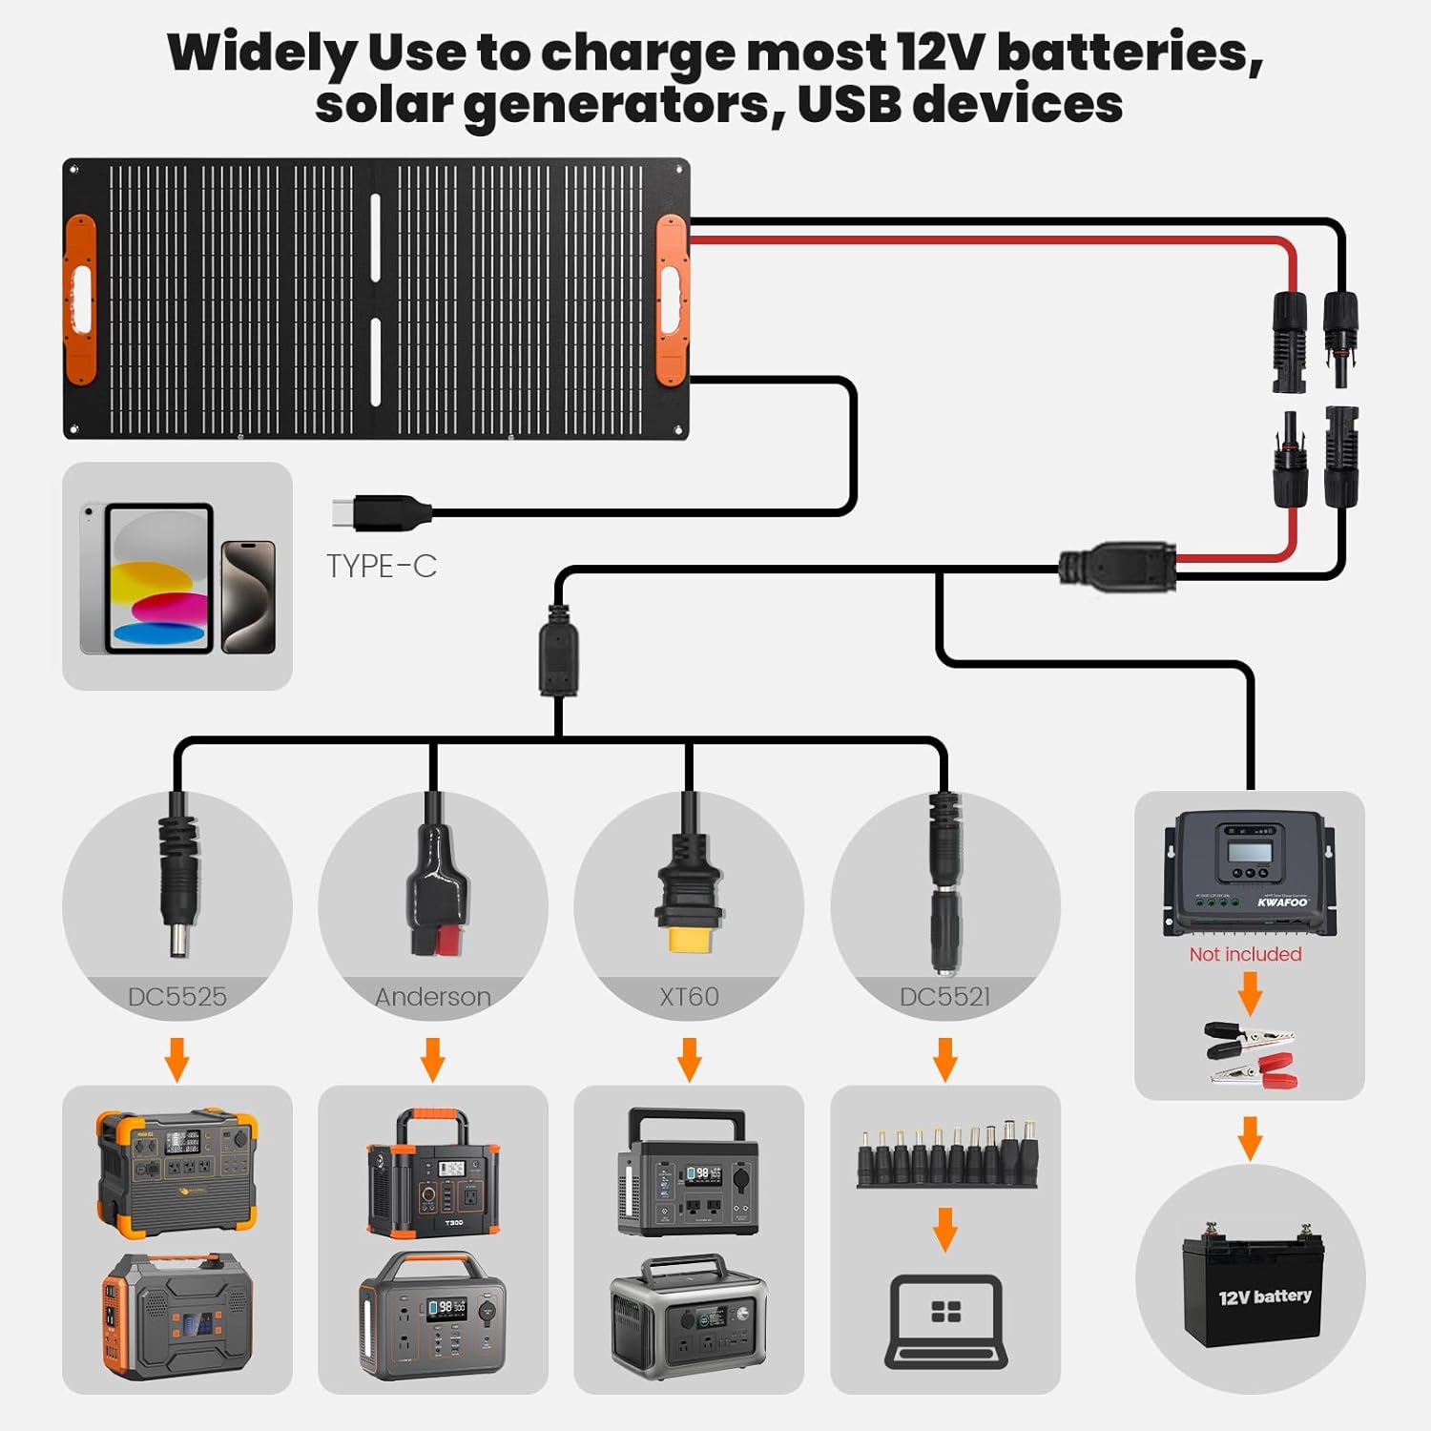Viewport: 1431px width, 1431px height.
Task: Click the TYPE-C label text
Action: [x=382, y=566]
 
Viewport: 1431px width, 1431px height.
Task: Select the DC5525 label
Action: [x=177, y=997]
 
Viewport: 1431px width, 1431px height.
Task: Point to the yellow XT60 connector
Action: [x=688, y=940]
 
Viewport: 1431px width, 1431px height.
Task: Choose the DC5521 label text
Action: [x=944, y=997]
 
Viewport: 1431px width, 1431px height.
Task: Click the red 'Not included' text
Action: [x=1245, y=954]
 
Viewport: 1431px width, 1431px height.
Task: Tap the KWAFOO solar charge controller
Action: [x=1248, y=873]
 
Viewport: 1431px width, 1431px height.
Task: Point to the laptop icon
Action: [x=945, y=1321]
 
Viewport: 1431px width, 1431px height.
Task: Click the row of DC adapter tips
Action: [x=945, y=1154]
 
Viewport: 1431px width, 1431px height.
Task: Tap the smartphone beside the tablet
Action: [x=248, y=597]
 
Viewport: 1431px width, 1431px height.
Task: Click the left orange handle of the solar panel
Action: [x=80, y=299]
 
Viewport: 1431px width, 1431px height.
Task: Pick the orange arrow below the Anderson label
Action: [x=433, y=1060]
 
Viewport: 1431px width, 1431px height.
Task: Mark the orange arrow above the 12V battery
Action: [x=1250, y=1137]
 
